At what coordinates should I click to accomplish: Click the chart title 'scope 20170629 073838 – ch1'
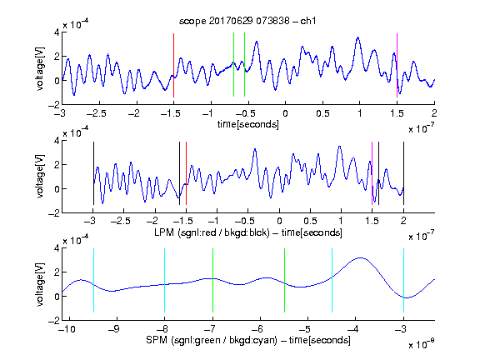coord(247,21)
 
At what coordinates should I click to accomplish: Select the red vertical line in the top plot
coord(173,65)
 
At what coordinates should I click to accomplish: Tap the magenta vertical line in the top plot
coord(397,65)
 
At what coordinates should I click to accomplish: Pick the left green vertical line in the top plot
coord(233,65)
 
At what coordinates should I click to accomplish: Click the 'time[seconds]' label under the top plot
coord(248,124)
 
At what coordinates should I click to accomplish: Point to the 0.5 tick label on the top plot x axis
coord(322,113)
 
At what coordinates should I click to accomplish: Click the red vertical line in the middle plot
coord(186,173)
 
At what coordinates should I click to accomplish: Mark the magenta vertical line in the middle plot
coord(372,173)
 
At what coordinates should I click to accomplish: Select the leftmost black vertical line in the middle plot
coord(93,173)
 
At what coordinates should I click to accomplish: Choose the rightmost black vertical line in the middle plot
coord(403,173)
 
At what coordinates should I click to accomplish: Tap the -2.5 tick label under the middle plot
coord(120,221)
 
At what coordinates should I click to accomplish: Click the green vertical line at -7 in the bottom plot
coord(212,280)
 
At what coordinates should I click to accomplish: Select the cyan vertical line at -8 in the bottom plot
coord(165,280)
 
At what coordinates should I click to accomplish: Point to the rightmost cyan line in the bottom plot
coord(403,280)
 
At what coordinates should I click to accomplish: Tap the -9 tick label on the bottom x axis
coord(113,329)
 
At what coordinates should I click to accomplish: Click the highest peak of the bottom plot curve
coord(361,257)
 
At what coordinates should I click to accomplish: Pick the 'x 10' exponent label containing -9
coord(422,344)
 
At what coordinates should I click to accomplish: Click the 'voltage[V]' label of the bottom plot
coord(40,284)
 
